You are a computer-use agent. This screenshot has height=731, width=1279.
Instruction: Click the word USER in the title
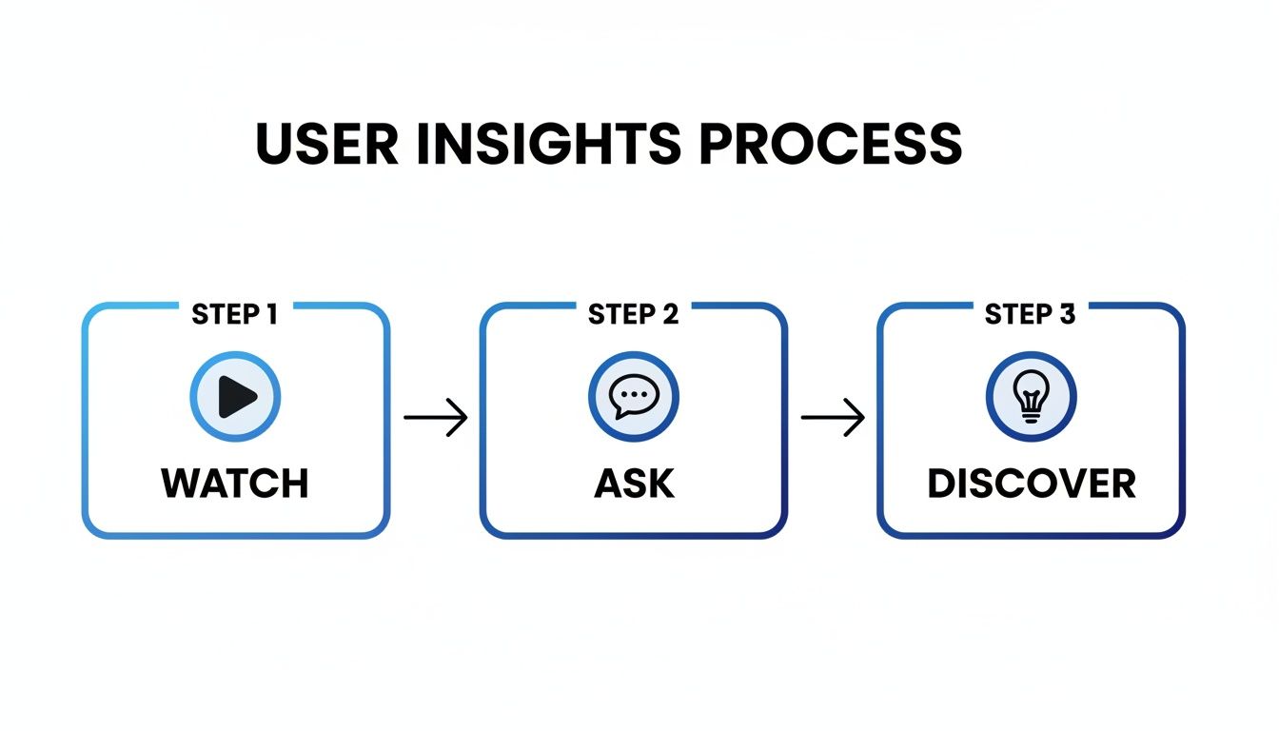click(x=326, y=143)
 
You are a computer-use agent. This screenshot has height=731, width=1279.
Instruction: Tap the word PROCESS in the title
click(x=831, y=143)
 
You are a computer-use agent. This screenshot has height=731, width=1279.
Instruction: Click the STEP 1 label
click(x=235, y=315)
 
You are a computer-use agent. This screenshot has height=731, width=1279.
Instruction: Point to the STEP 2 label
click(x=633, y=315)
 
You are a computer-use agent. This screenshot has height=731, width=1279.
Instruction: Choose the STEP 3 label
click(x=1030, y=315)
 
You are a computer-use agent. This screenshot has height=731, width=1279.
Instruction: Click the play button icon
click(x=235, y=397)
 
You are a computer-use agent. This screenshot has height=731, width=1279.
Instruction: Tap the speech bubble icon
click(x=633, y=397)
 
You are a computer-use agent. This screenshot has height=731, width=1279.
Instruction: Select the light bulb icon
click(x=1031, y=397)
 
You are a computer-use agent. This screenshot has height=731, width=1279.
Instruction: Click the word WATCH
click(x=235, y=484)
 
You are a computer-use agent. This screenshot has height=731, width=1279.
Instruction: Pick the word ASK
click(x=634, y=484)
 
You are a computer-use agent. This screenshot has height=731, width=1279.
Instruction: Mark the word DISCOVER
click(x=1032, y=484)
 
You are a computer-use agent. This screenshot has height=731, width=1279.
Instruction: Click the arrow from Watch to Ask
click(x=436, y=418)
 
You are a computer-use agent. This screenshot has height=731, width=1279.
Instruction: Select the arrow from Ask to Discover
click(x=833, y=418)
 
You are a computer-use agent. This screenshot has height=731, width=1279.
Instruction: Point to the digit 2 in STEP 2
click(x=670, y=315)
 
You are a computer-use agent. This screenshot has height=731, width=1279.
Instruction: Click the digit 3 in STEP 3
click(x=1067, y=315)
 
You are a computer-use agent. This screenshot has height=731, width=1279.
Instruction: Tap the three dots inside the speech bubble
click(x=632, y=392)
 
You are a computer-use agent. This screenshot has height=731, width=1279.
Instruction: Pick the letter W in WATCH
click(x=181, y=484)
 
